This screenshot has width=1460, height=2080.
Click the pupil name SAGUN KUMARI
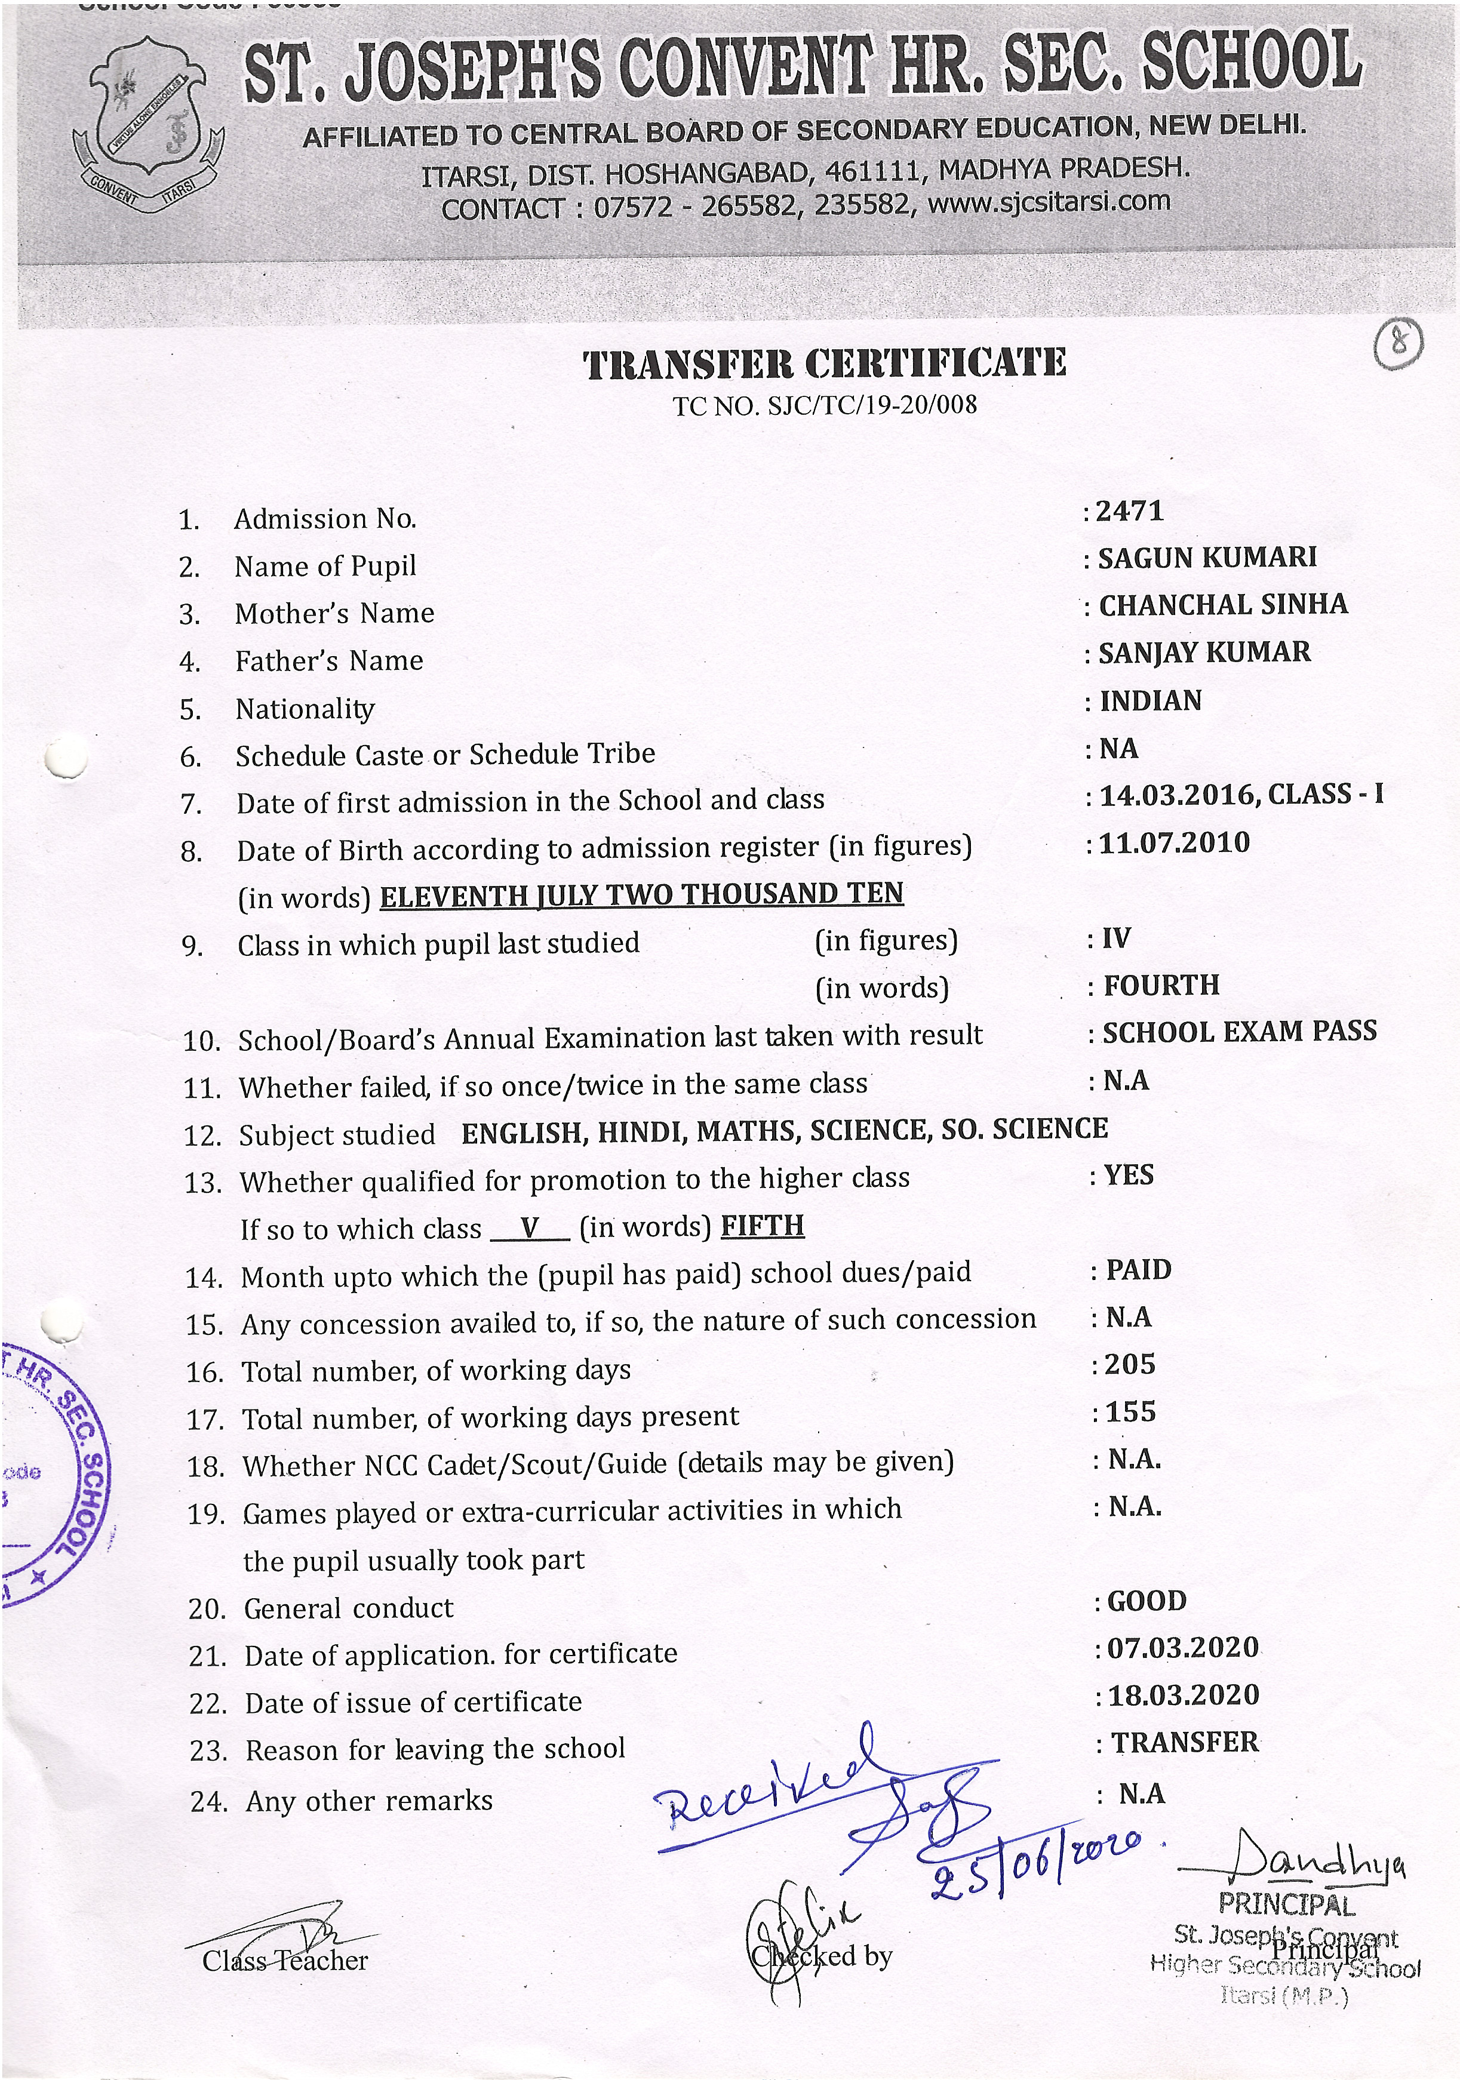coord(1206,558)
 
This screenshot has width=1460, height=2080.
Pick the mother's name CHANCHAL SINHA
coord(1222,605)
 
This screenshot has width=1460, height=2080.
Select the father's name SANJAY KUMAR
coord(1203,653)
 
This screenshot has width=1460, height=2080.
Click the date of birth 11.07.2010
coord(1173,844)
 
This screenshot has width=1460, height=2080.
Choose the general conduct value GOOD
coord(1147,1601)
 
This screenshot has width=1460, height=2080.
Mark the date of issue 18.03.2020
coord(1183,1695)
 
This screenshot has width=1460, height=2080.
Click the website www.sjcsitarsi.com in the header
coord(1049,202)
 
